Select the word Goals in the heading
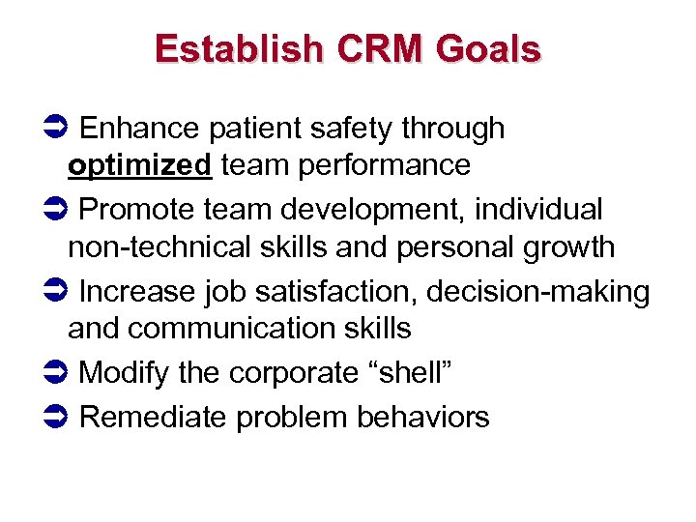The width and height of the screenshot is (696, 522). [492, 48]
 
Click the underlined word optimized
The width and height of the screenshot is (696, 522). [139, 166]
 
